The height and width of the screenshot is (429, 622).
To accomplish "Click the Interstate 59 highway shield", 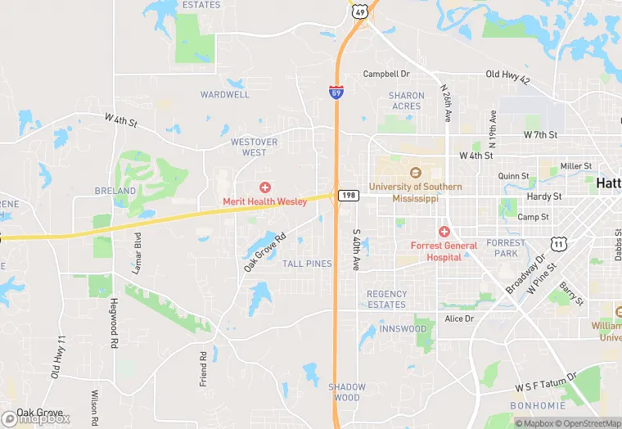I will coord(336,93).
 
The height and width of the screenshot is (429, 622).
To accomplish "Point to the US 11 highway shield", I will coord(559,244).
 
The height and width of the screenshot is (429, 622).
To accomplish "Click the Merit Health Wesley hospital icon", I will coord(264,188).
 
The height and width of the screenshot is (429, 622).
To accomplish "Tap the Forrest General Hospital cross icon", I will coord(444,233).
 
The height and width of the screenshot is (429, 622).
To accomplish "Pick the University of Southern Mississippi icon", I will coord(415,174).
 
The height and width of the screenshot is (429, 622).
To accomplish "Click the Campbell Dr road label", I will coord(386,74).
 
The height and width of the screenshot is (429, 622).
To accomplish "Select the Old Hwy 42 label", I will coord(507,75).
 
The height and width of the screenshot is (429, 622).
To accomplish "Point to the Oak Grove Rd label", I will coord(264,252).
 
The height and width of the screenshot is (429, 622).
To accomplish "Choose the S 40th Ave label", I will coord(356,250).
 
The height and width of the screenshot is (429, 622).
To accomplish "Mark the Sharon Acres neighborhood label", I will coord(406,101).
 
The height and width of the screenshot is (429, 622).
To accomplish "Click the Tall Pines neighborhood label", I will coord(307,264).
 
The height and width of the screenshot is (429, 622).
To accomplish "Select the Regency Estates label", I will coord(386,299).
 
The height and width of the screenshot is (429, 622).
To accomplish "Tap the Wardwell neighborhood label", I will coord(225,94).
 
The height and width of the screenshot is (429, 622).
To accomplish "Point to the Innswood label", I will coord(403,328).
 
